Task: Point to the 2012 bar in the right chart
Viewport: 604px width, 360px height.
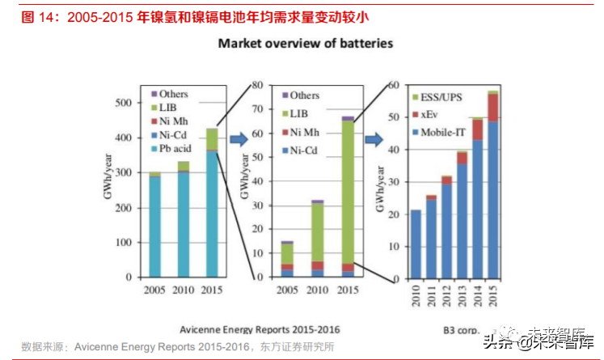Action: [446, 227]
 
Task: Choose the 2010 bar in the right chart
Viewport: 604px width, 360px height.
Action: [415, 244]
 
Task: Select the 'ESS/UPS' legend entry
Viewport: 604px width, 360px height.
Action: [437, 99]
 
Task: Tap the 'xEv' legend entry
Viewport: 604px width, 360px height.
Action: [428, 115]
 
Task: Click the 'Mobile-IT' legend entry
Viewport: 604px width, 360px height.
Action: [440, 130]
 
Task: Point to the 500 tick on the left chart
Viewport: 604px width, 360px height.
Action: [122, 103]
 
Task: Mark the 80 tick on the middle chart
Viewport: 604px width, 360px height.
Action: [259, 85]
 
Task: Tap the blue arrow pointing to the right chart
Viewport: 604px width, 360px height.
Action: [374, 139]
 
